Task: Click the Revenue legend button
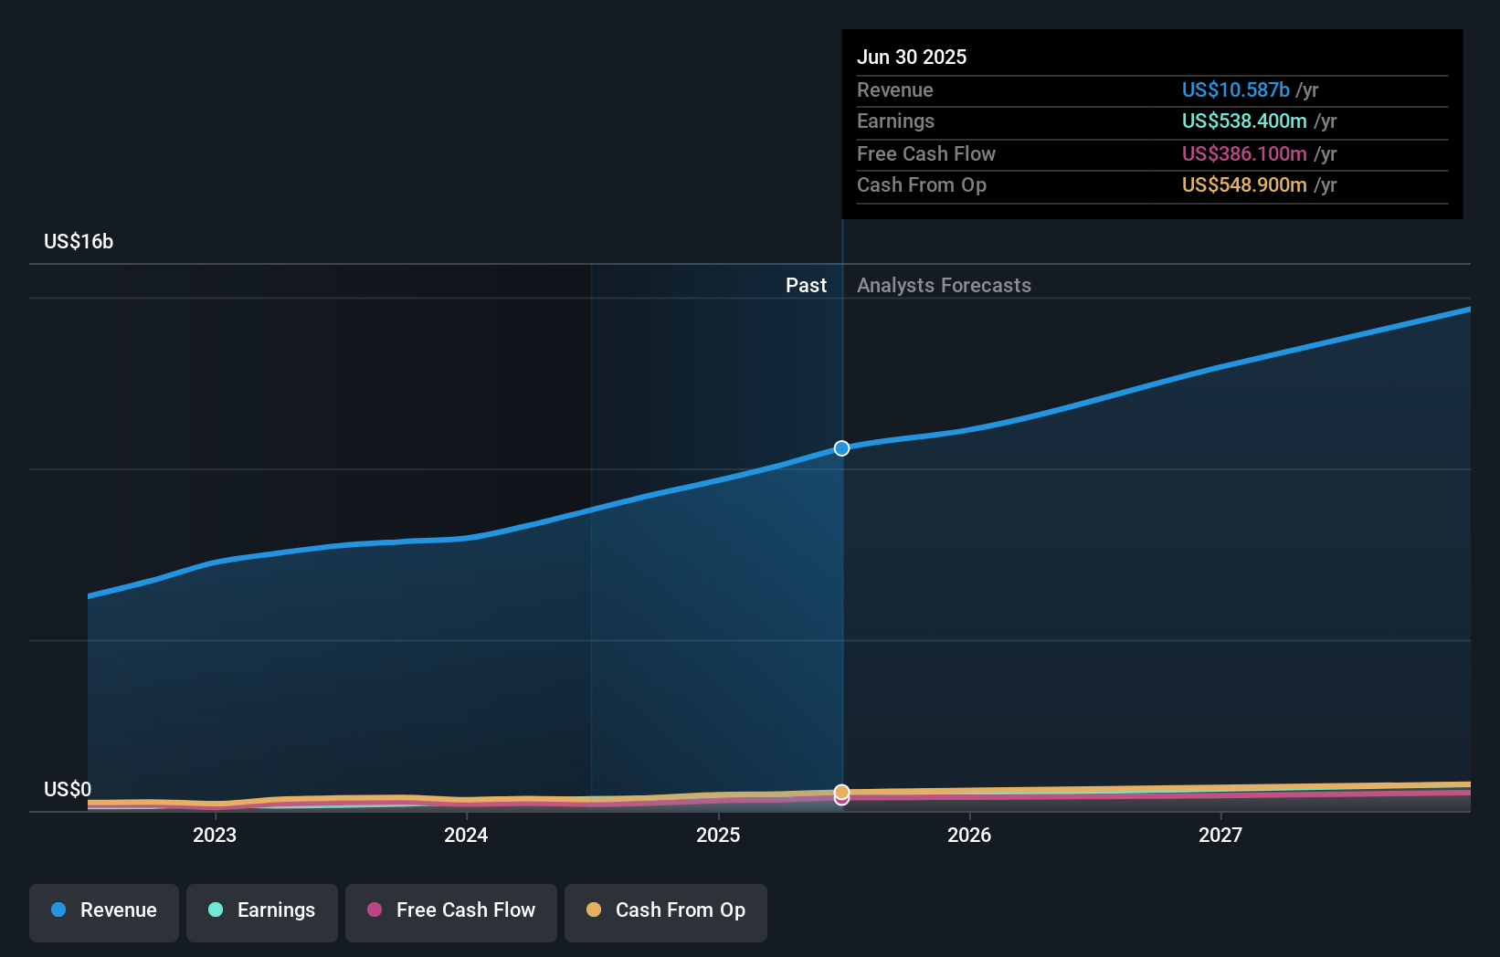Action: point(104,910)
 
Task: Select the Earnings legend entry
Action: point(262,910)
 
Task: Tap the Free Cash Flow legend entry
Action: point(451,910)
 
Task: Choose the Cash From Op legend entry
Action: point(666,910)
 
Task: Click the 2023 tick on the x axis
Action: point(215,835)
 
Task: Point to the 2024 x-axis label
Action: point(466,835)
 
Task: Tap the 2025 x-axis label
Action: point(718,835)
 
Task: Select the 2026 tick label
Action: point(969,835)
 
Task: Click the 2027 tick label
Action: point(1220,835)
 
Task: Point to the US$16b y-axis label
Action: point(79,241)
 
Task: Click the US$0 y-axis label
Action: point(68,789)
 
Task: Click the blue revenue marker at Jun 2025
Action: point(842,448)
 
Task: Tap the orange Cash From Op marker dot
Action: point(842,791)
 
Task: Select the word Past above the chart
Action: point(806,285)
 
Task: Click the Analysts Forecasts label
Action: point(944,285)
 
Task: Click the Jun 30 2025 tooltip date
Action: point(912,57)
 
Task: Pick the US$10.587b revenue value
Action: point(1235,89)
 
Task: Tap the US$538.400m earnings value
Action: point(1243,121)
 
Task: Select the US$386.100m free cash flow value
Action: point(1243,153)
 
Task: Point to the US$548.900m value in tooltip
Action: point(1243,184)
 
